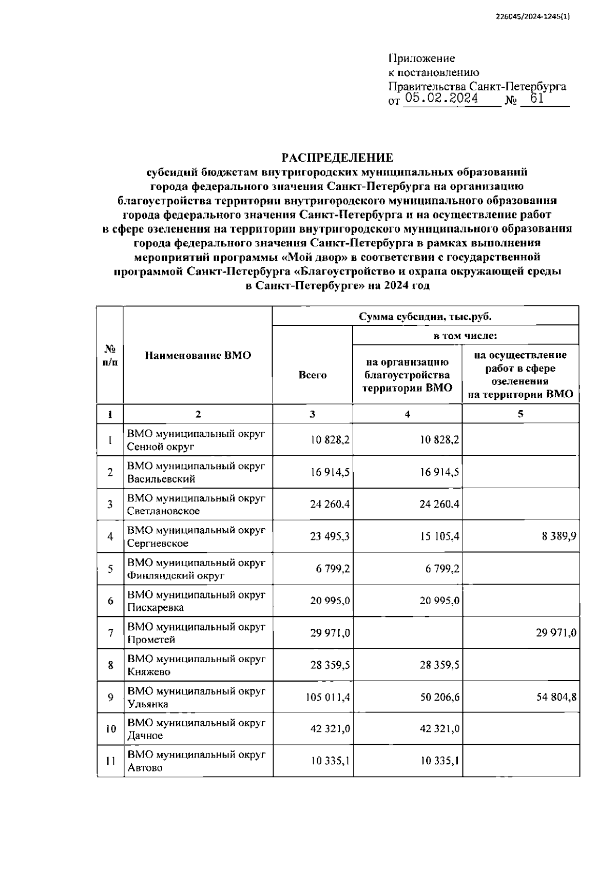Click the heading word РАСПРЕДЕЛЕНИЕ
tap(337, 158)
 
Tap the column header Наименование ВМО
tap(198, 355)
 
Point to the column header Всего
tap(312, 375)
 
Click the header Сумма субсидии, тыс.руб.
tap(425, 316)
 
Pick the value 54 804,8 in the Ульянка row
tap(556, 697)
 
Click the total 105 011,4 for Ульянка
tap(328, 697)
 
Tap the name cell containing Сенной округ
tap(196, 440)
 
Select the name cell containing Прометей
tap(196, 633)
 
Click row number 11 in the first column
tap(110, 762)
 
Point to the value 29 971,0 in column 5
tap(556, 633)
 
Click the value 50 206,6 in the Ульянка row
tap(440, 697)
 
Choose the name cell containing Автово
tap(196, 761)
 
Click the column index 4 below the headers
tap(407, 414)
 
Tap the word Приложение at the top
tap(421, 59)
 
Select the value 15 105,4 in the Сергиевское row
tap(440, 536)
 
